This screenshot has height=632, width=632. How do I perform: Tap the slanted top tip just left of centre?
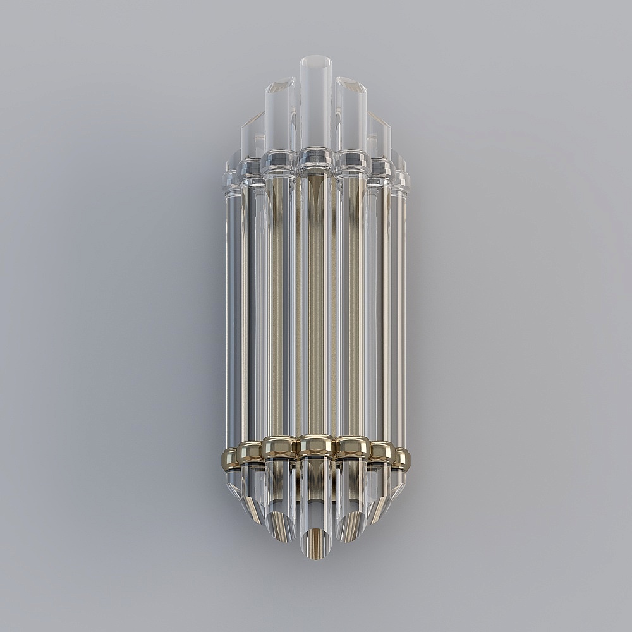[x=281, y=86]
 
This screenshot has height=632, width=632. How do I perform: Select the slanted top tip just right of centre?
[x=351, y=85]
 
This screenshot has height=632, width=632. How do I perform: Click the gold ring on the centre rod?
[x=315, y=446]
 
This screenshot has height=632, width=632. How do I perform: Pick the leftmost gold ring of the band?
[x=230, y=459]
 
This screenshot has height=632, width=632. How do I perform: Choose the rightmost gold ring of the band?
[x=401, y=459]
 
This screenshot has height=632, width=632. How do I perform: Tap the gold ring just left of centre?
[x=279, y=447]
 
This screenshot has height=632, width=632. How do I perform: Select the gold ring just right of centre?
[x=352, y=447]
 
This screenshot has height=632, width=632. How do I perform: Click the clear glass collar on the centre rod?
[x=315, y=158]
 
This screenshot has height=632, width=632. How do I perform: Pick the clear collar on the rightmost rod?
[x=400, y=181]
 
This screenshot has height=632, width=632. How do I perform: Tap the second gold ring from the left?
[x=250, y=452]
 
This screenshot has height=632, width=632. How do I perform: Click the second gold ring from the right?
[x=382, y=452]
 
